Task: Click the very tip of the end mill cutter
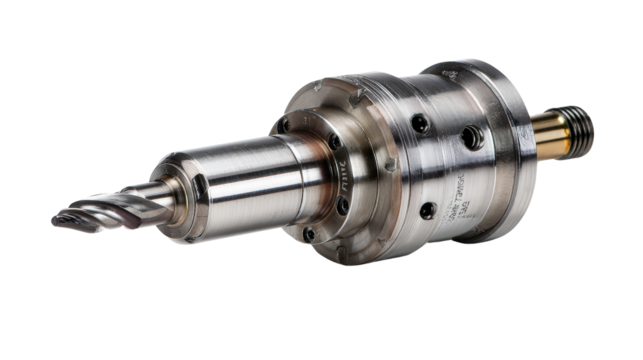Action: (x=56, y=221)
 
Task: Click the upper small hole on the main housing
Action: (x=420, y=124)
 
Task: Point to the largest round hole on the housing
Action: (x=469, y=138)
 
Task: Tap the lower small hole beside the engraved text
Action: (x=428, y=210)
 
